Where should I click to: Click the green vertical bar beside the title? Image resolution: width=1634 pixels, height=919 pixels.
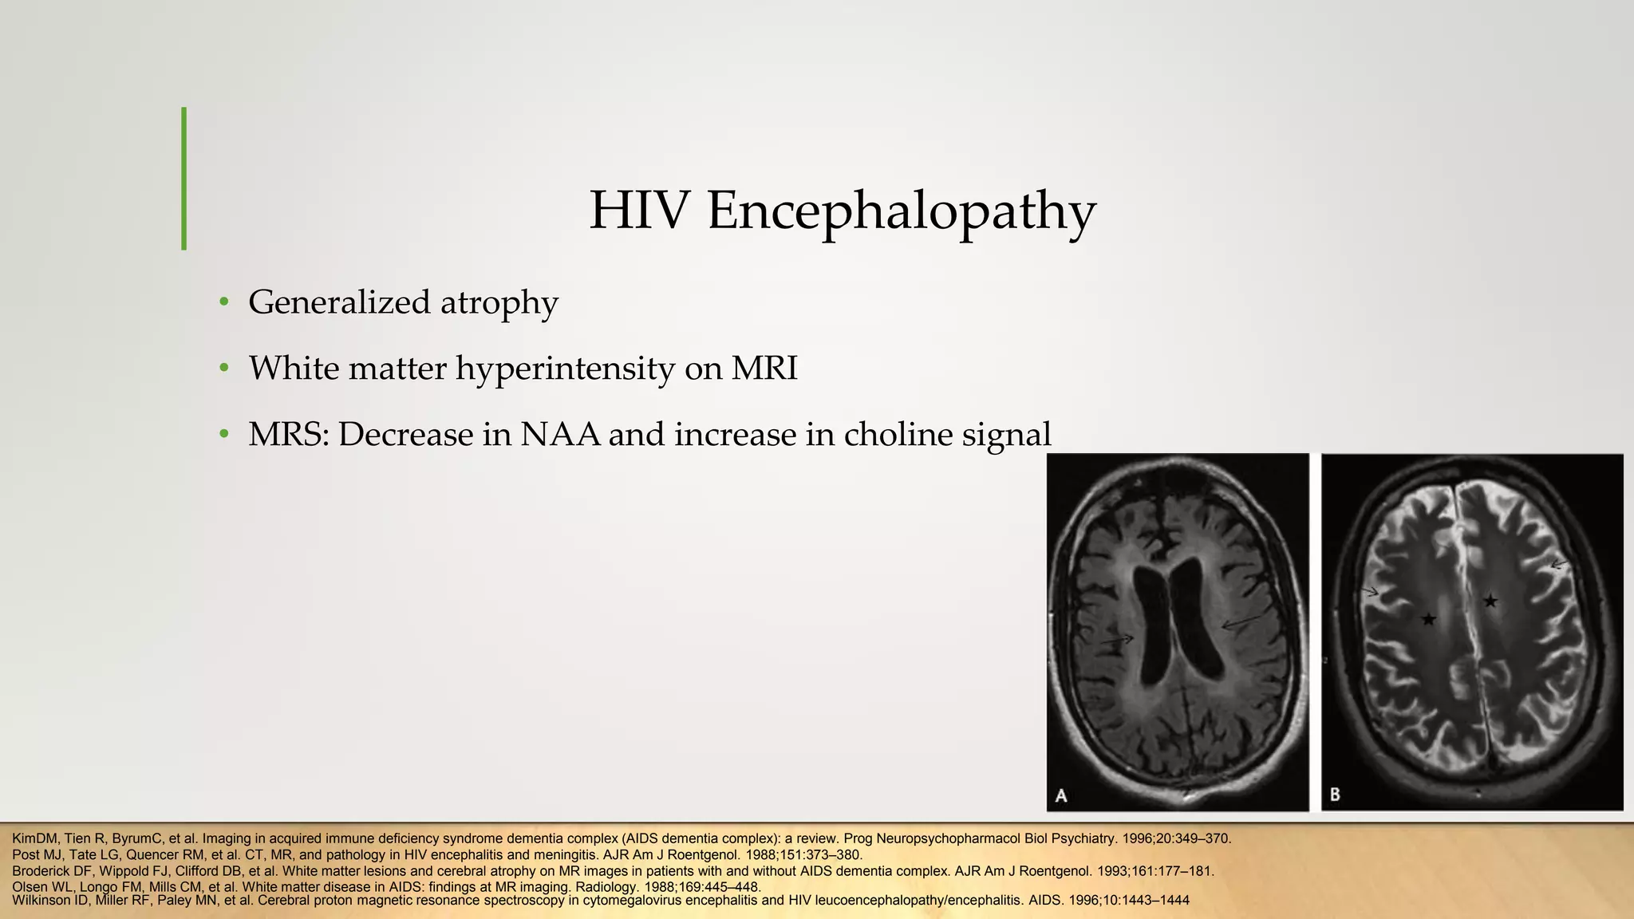tap(184, 179)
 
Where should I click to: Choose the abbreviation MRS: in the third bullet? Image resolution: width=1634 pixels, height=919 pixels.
tap(288, 435)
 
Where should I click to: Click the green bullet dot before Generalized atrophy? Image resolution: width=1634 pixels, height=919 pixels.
tap(224, 302)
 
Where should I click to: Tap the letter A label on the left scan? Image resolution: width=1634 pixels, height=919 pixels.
tap(1061, 795)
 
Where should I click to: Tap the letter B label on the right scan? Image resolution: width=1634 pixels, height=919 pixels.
tap(1335, 795)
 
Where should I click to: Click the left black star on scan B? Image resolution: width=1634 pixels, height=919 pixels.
tap(1428, 618)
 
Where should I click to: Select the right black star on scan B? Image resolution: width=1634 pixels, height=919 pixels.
tap(1490, 601)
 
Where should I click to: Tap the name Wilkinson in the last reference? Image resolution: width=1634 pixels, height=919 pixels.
tap(39, 901)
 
